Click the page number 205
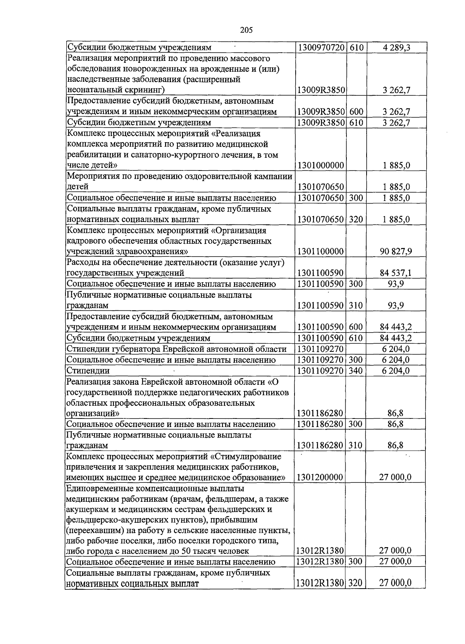coord(246,30)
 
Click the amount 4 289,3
coord(396,48)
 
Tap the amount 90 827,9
coord(396,251)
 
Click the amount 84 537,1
coord(396,273)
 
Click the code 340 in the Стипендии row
coord(356,371)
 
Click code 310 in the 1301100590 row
coord(356,306)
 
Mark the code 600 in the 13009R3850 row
coord(356,112)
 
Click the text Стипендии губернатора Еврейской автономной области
coord(177,349)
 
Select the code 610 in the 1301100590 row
coord(356,338)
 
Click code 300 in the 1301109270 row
coord(356,360)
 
